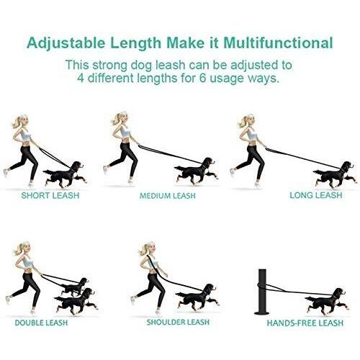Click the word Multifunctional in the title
tap(279, 43)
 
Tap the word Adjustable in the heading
tap(66, 44)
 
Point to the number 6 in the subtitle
tap(203, 78)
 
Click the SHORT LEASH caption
tap(50, 195)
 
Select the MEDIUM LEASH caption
tap(168, 196)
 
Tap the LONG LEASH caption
tap(316, 195)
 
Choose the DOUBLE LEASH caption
tap(41, 323)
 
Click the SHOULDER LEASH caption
tap(178, 322)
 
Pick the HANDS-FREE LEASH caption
tap(305, 323)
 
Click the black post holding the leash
tap(262, 292)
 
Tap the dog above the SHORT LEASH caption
tap(65, 175)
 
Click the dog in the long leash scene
tap(335, 175)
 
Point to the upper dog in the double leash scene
tap(73, 287)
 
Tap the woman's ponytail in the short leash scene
tap(16, 122)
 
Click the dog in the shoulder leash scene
tap(197, 297)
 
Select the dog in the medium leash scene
tap(197, 171)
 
